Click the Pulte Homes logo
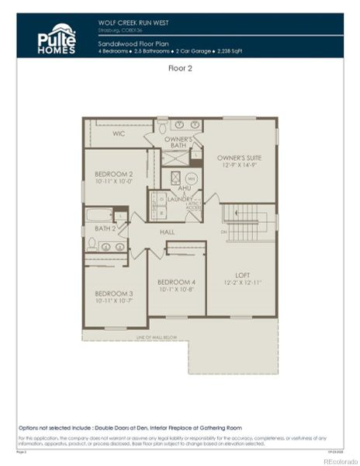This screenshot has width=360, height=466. [x=57, y=38]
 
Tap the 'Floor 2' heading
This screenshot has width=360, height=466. [x=179, y=68]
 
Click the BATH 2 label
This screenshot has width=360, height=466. [x=105, y=228]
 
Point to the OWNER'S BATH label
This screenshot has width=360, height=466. [x=178, y=142]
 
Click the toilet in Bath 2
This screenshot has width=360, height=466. [x=92, y=244]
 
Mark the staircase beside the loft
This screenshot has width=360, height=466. [x=247, y=222]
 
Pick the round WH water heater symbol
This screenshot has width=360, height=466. [x=191, y=179]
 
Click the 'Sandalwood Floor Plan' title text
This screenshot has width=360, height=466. [x=128, y=44]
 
